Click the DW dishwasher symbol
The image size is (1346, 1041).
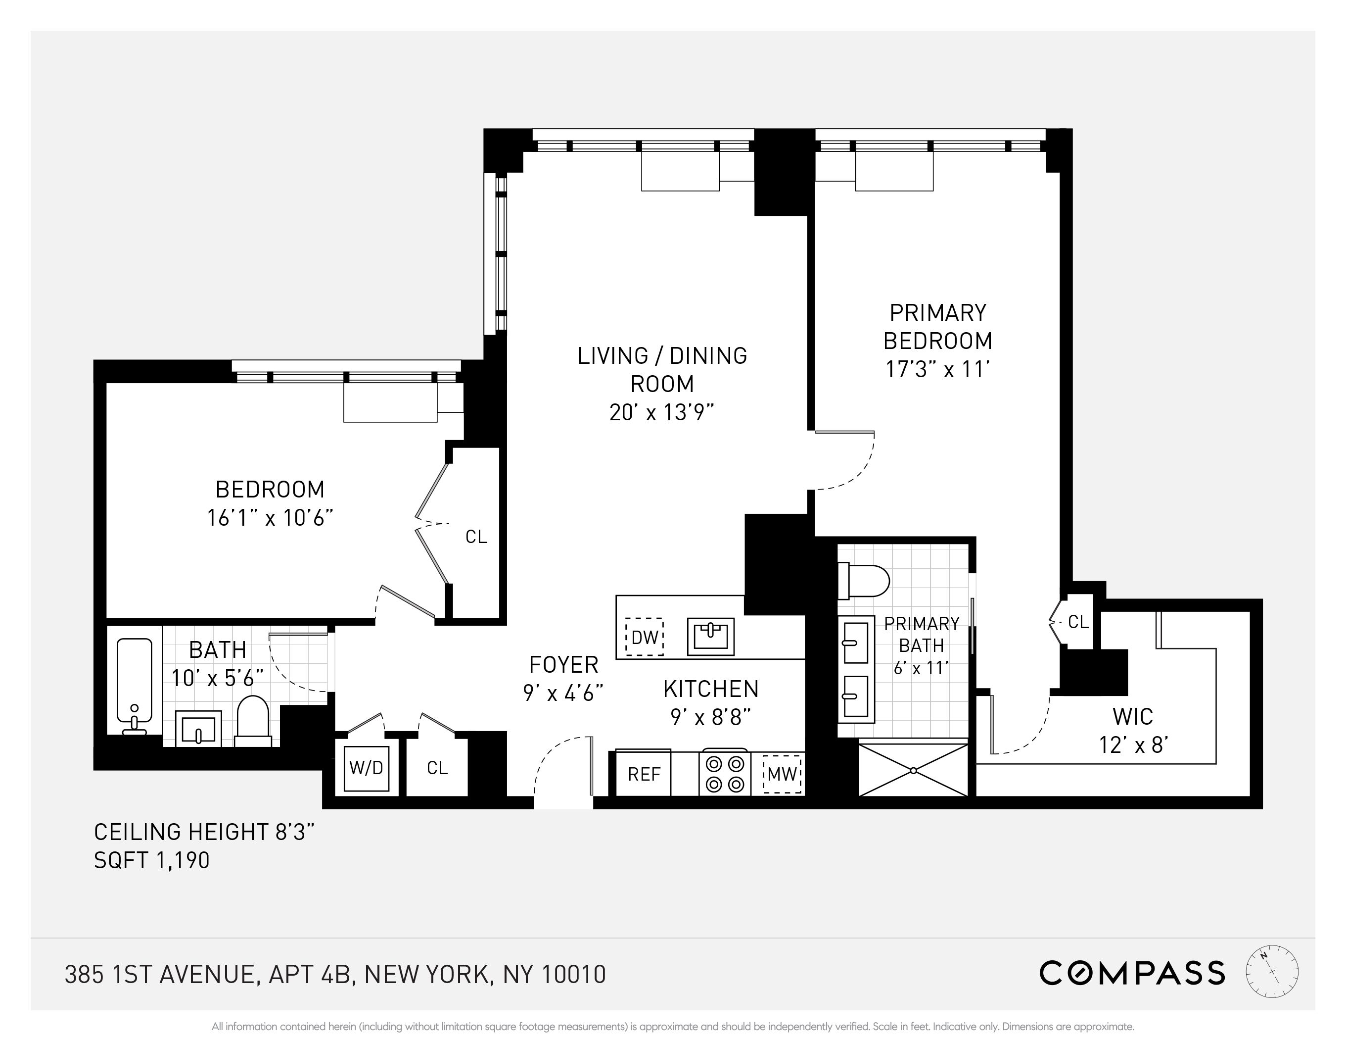point(644,637)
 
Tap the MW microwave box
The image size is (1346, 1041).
point(783,773)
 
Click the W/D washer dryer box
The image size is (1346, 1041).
point(366,768)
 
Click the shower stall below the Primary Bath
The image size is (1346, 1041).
point(913,770)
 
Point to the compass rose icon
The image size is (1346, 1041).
point(1271,973)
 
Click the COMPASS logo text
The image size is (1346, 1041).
point(1131,973)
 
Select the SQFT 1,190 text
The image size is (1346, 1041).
point(151,860)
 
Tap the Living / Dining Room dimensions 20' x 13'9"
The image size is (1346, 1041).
point(662,412)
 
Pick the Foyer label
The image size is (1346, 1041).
point(563,665)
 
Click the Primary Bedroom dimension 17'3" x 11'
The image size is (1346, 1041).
point(937,369)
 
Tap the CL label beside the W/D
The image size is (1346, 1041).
point(437,768)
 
